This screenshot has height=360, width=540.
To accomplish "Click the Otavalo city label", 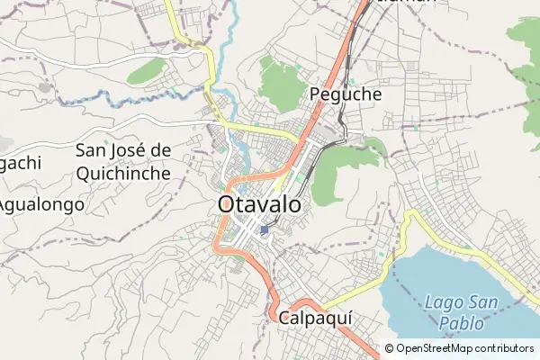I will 258,204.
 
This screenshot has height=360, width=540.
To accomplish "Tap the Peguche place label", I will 345,94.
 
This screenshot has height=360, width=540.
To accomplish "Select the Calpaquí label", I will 314,318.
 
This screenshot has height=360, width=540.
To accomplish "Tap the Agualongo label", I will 40,204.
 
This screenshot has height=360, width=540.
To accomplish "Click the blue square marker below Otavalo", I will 264,230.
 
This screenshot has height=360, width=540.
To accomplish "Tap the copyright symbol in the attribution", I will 390,348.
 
